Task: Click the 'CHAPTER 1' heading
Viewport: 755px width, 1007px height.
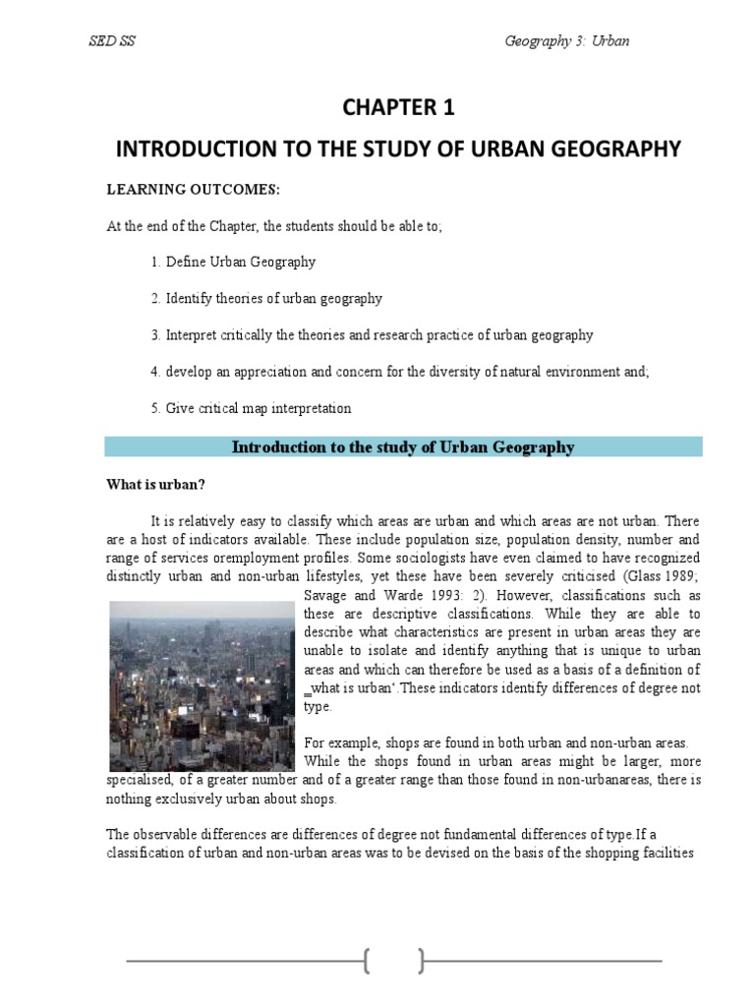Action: pos(398,107)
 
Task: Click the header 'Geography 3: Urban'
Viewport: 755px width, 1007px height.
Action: pos(566,40)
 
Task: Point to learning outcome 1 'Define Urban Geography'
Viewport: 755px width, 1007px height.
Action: pos(234,262)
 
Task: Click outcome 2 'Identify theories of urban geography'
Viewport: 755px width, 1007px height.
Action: pos(266,298)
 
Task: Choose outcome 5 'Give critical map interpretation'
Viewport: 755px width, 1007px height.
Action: pos(251,408)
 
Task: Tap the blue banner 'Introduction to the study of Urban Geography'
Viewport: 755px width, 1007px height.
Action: pos(403,447)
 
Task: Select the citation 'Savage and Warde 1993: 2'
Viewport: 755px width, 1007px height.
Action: pos(385,596)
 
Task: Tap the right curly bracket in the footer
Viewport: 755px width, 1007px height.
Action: pos(422,962)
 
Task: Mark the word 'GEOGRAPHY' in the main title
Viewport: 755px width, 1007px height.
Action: pos(613,148)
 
